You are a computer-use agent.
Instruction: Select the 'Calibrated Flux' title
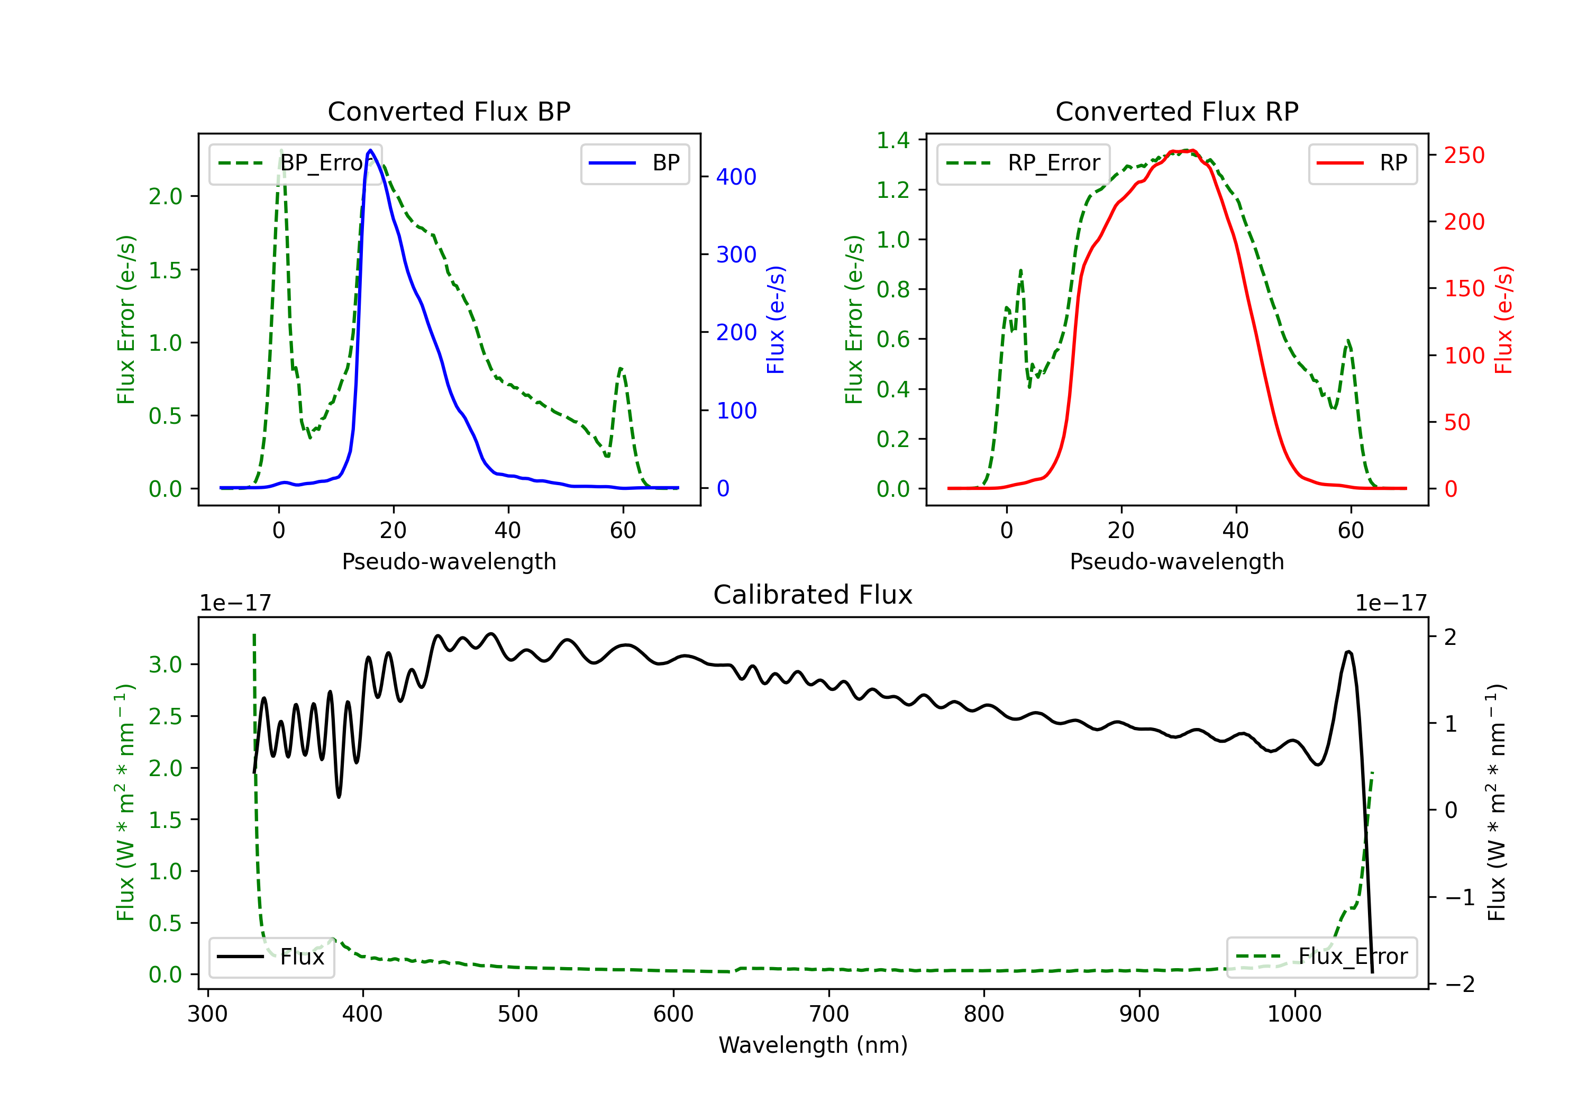tap(813, 595)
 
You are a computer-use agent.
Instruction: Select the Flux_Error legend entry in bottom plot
tap(1321, 957)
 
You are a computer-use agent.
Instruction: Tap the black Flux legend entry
tap(271, 957)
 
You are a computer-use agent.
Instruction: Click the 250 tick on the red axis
tap(1464, 156)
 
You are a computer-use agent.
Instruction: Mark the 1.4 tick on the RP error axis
tap(893, 140)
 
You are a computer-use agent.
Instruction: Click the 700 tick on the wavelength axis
tap(829, 1014)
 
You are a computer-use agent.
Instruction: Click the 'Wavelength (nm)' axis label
tap(813, 1045)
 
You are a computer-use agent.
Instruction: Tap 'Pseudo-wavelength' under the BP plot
tap(449, 562)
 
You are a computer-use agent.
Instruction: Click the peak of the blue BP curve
tap(370, 150)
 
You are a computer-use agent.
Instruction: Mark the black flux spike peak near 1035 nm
tap(1348, 652)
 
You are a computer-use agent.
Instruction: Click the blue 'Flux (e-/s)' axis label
tap(776, 320)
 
